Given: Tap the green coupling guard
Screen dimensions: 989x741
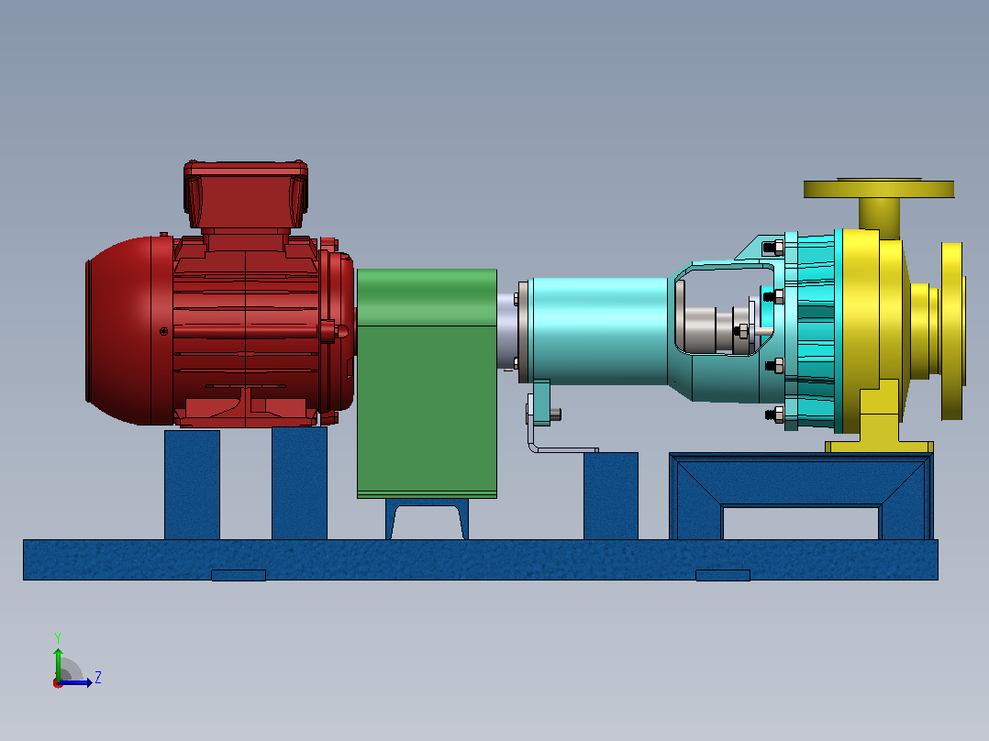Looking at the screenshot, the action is click(x=427, y=383).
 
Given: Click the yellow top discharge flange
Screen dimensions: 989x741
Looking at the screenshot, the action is click(x=879, y=188).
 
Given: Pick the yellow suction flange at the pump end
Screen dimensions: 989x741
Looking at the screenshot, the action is click(x=953, y=331).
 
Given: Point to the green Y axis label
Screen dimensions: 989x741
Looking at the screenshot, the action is click(x=58, y=637).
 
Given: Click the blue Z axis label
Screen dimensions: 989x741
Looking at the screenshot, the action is click(x=98, y=678).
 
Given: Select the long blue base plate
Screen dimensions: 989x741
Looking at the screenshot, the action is click(x=481, y=559).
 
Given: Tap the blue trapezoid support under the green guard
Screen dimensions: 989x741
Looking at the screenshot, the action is click(x=427, y=519).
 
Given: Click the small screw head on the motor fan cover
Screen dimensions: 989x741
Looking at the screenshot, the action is click(x=164, y=331).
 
